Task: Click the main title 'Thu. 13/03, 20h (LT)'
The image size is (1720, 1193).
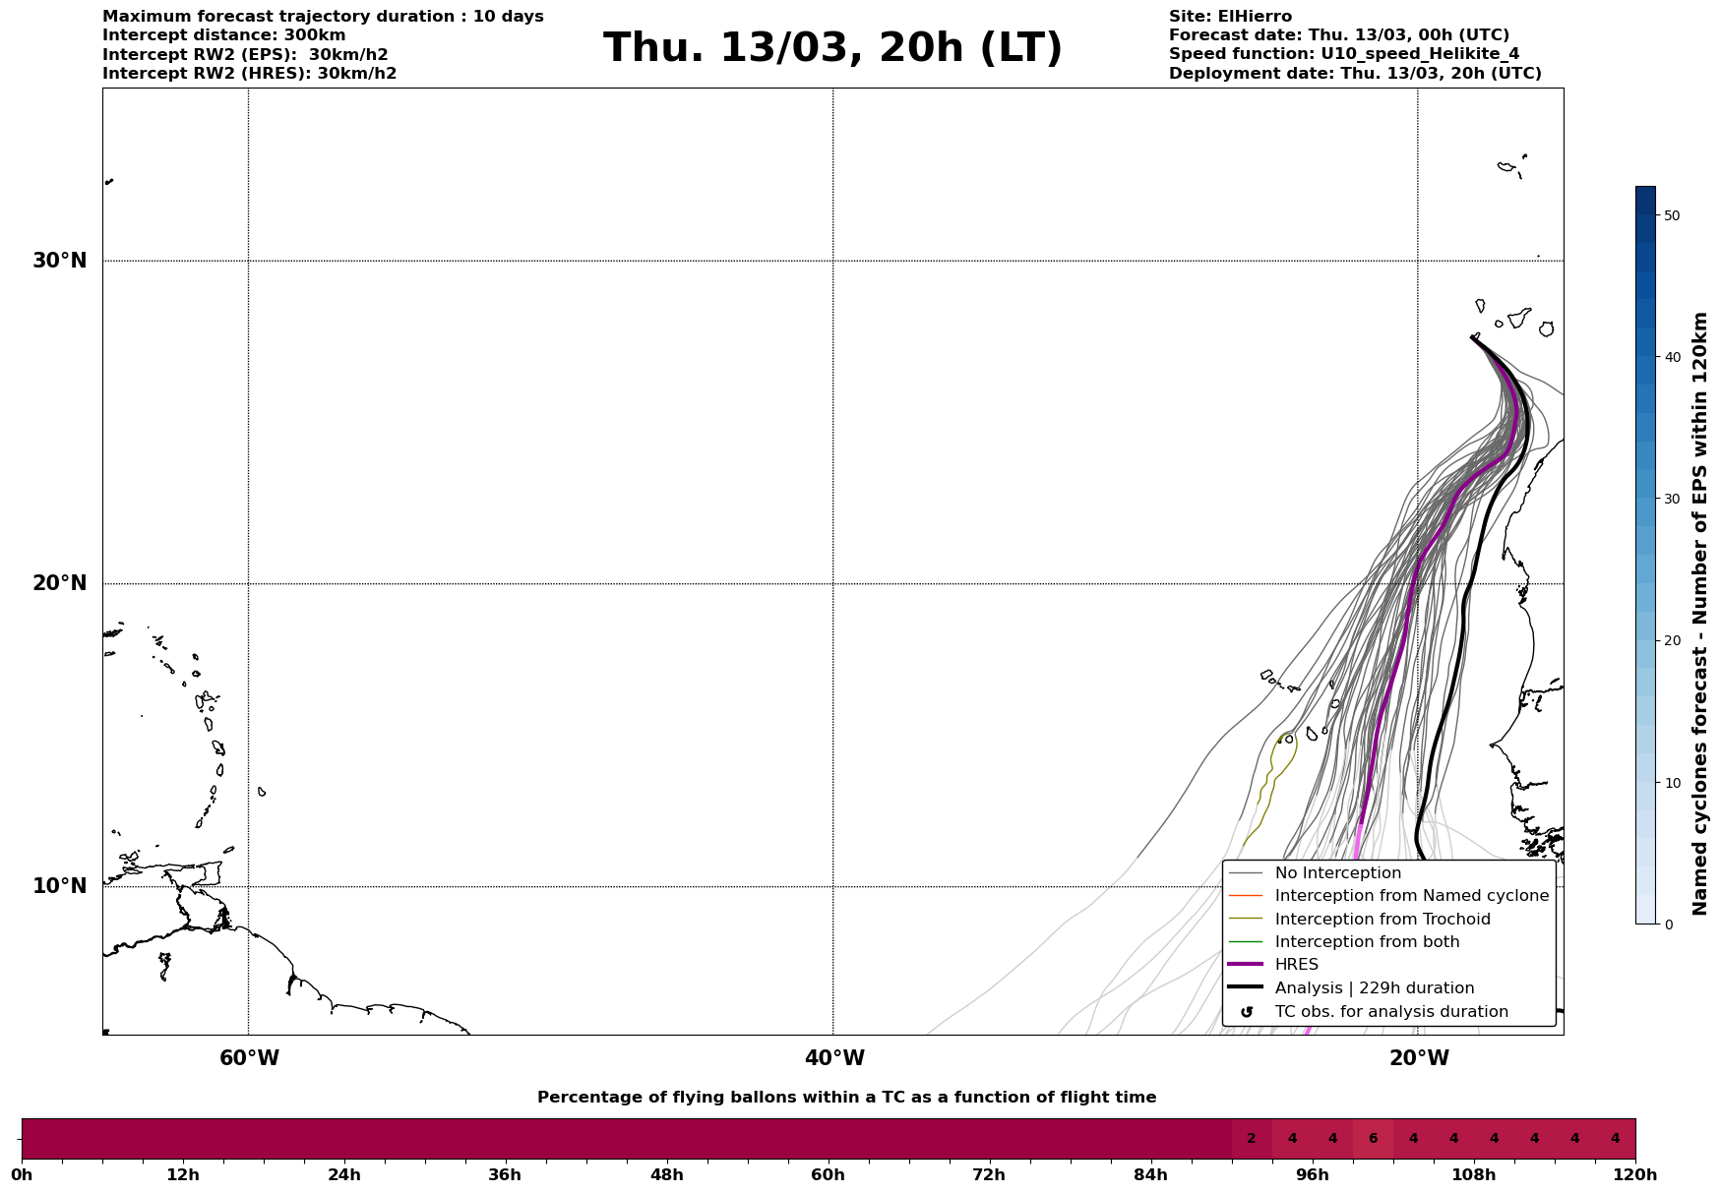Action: (832, 48)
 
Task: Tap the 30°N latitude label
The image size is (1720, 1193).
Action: (60, 261)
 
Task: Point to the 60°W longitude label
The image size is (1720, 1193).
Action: (249, 1058)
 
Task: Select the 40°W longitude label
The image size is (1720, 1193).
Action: (834, 1058)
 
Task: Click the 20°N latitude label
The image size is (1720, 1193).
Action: (60, 583)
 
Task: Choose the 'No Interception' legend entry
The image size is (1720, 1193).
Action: (1337, 873)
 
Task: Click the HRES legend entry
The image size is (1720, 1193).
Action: (1296, 965)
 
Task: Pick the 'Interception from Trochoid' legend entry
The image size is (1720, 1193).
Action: (1382, 920)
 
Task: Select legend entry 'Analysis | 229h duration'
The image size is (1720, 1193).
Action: (1374, 988)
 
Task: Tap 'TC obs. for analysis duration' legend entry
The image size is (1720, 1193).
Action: (1390, 1012)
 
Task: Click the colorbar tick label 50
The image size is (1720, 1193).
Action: (1671, 215)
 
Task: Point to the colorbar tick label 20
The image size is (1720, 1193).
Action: (1671, 641)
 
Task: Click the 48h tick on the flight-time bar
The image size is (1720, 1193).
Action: (666, 1174)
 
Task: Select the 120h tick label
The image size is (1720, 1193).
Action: (1635, 1174)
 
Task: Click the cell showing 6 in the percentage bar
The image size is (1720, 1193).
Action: (1373, 1139)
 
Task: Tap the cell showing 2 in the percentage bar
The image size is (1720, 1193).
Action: (1252, 1139)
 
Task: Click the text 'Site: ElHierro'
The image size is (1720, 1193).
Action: (1230, 17)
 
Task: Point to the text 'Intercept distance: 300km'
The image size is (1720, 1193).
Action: (224, 35)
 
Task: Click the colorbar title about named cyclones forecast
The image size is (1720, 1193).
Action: (1700, 614)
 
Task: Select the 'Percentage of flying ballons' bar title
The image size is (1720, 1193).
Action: (846, 1098)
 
